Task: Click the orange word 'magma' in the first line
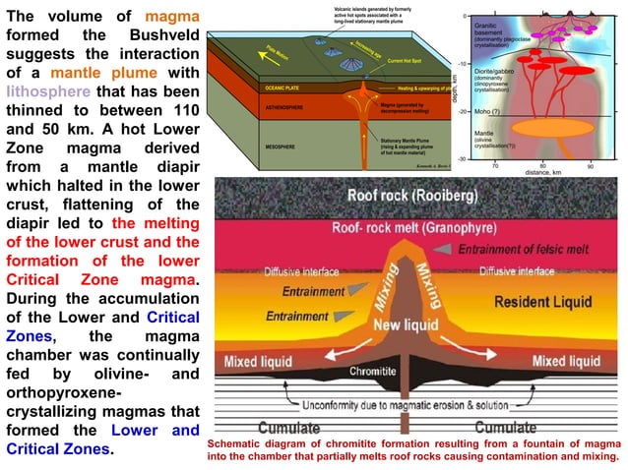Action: coord(172,18)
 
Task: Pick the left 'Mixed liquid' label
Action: coord(257,361)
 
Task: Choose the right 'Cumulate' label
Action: coord(505,428)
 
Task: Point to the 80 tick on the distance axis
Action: coord(544,166)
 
